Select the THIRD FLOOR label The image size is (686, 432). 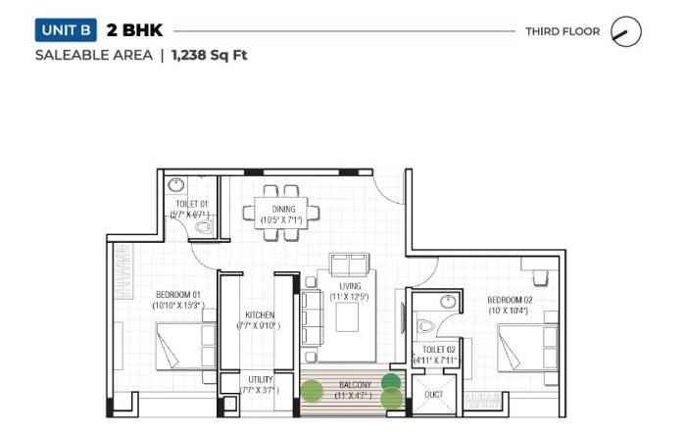pyautogui.click(x=562, y=31)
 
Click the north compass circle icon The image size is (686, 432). pyautogui.click(x=625, y=31)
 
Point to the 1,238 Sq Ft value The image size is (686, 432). pyautogui.click(x=209, y=55)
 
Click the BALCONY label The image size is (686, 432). pyautogui.click(x=354, y=385)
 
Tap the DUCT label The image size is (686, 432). pyautogui.click(x=432, y=395)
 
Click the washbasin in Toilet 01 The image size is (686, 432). pyautogui.click(x=175, y=184)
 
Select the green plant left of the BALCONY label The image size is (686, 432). pyautogui.click(x=311, y=391)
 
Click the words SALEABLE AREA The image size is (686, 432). pyautogui.click(x=93, y=55)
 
